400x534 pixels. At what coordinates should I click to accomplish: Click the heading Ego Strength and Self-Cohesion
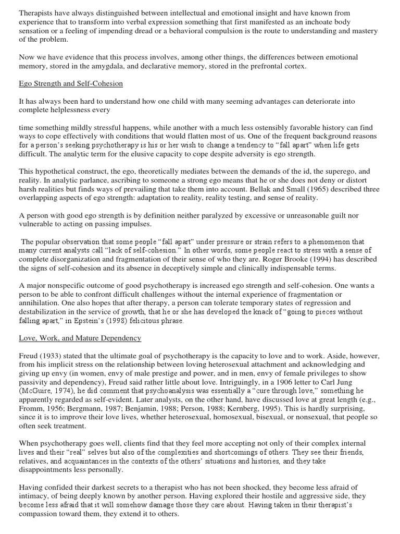pyautogui.click(x=70, y=83)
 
